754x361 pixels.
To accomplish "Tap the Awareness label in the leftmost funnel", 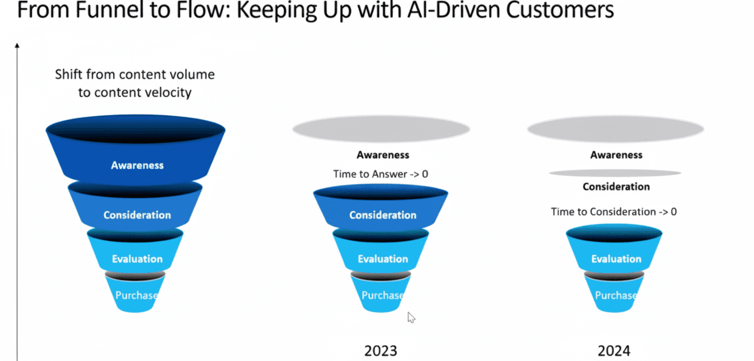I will [137, 165].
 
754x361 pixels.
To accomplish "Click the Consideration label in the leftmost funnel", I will [137, 215].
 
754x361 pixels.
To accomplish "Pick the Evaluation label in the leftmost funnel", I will [137, 259].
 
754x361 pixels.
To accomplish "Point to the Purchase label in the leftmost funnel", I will [136, 295].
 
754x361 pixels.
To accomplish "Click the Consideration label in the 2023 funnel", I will [383, 215].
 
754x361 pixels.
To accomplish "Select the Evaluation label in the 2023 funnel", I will [383, 259].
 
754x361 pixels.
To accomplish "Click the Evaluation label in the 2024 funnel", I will [616, 259].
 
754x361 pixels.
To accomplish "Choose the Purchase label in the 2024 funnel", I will [616, 295].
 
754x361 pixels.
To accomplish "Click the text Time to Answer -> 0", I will [381, 174].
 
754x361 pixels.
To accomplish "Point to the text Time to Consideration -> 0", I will [614, 212].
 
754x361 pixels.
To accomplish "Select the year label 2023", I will [381, 351].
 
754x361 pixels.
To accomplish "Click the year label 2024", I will [614, 351].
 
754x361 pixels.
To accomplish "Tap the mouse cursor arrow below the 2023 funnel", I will [411, 317].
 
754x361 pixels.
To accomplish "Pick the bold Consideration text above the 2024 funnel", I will [616, 187].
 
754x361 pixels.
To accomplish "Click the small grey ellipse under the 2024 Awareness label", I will [615, 173].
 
